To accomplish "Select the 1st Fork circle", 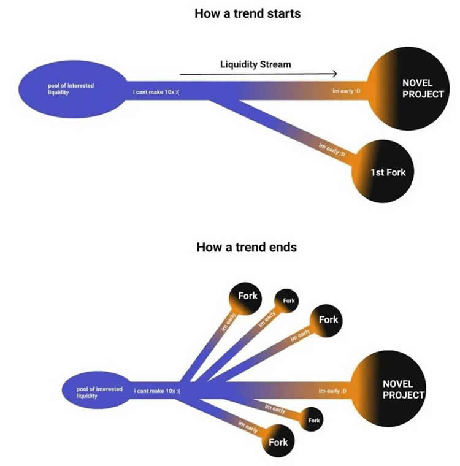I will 387,172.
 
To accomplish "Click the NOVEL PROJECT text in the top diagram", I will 422,88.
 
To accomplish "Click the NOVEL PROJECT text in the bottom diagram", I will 403,389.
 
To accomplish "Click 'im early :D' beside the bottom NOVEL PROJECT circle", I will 333,391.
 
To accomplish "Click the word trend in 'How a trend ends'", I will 247,247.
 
